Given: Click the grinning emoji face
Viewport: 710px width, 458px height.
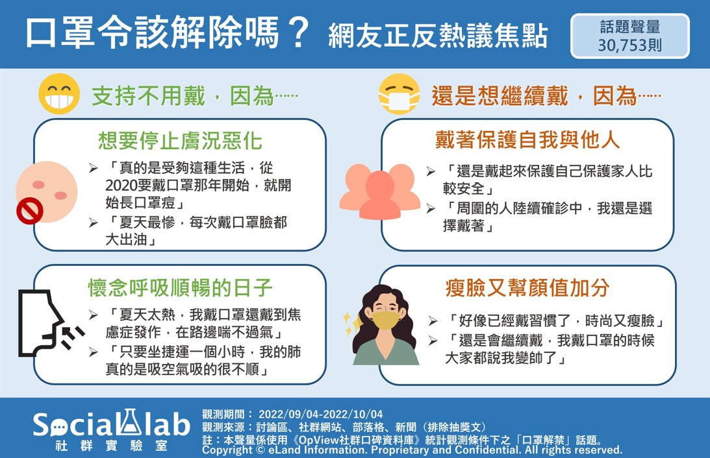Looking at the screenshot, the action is [x=59, y=94].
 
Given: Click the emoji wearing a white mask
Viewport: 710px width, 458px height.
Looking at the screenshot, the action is [x=399, y=94].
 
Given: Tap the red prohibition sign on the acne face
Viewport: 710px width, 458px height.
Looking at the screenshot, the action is [x=30, y=211].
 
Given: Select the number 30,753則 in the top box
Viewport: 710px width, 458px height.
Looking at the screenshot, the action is [x=630, y=45].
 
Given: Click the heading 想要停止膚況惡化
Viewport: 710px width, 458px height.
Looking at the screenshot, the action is [x=180, y=141].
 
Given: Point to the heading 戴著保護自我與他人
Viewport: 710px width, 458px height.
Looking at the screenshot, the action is [x=527, y=139].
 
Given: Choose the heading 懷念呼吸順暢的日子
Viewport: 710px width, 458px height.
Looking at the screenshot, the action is [x=180, y=287].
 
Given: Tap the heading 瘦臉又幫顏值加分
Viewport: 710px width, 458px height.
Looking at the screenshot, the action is [x=527, y=287].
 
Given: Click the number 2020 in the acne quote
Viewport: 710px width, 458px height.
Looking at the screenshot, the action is [x=121, y=186].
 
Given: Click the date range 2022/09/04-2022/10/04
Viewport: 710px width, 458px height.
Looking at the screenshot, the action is [x=321, y=414].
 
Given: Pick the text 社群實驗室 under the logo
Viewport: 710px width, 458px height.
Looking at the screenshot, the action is [x=111, y=446].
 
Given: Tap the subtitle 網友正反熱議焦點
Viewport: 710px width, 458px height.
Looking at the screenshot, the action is [x=438, y=36].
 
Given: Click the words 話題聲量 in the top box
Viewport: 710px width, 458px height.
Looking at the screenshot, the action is [x=630, y=27].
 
